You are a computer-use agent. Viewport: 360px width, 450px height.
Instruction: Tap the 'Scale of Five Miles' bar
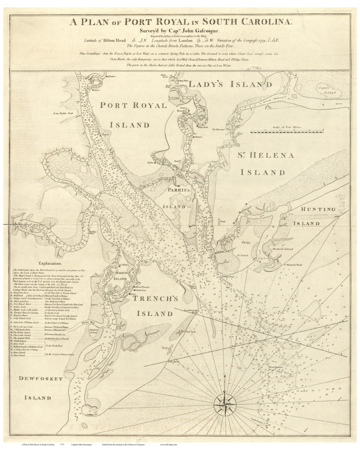tap(281, 132)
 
